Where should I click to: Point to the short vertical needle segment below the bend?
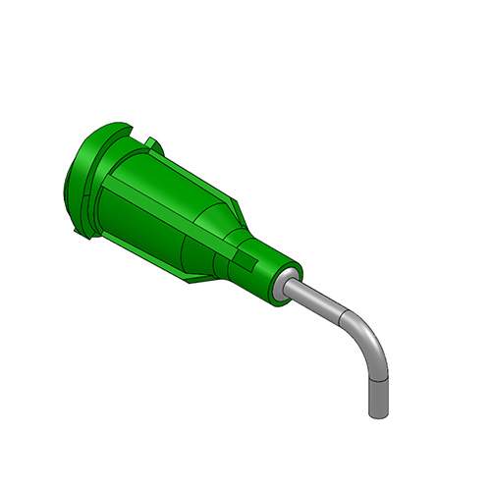point(378,393)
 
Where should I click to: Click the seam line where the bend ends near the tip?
point(378,378)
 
